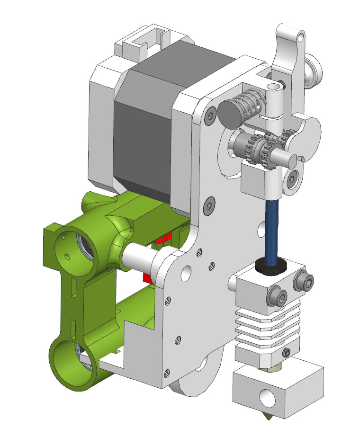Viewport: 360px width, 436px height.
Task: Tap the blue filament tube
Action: tap(272, 228)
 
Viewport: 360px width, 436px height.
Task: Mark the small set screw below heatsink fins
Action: tap(286, 352)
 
